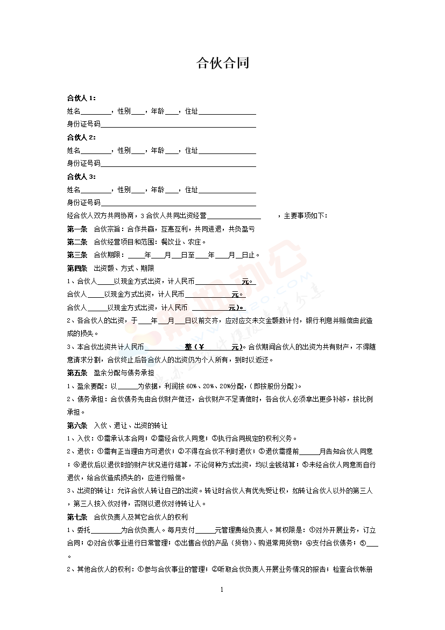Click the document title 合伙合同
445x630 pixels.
tap(222, 64)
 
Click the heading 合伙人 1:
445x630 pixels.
tap(81, 98)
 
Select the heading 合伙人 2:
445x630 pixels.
tap(81, 137)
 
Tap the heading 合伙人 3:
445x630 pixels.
tap(81, 177)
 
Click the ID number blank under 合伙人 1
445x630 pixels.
tap(178, 125)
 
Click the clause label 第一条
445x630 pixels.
tap(77, 229)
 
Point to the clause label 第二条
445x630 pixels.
tap(77, 242)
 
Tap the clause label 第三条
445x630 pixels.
tap(77, 255)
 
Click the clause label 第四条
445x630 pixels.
tap(77, 268)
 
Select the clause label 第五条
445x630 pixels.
tap(77, 373)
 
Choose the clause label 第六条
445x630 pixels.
tap(77, 425)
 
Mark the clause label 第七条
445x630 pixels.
tap(77, 517)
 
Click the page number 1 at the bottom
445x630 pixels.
tap(222, 590)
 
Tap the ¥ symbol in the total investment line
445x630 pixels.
tap(202, 347)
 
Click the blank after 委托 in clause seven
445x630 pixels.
tap(105, 530)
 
